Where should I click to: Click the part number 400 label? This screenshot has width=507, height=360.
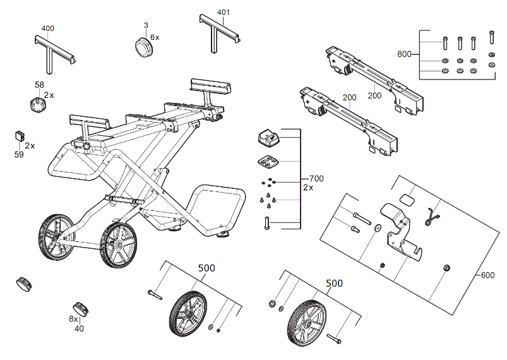tap(47, 29)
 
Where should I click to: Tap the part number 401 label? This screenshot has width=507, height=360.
tap(224, 13)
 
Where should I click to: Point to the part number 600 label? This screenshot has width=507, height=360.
tap(487, 275)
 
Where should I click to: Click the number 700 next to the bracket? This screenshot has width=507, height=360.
tap(316, 179)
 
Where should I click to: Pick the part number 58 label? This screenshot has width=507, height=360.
tap(39, 85)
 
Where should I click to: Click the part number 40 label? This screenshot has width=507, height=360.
tap(79, 328)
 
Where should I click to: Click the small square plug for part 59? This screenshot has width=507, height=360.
tap(19, 136)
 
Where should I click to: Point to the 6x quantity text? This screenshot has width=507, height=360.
tap(155, 38)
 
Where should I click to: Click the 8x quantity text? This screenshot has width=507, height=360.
tap(74, 320)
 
